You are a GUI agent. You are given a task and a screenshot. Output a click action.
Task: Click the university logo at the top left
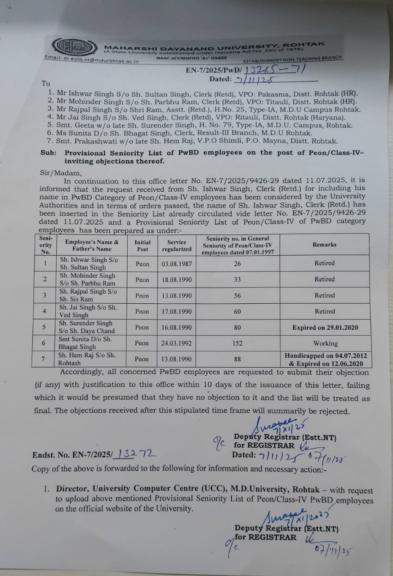[74, 47]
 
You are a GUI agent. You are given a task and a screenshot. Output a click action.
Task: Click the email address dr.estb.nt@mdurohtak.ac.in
[92, 59]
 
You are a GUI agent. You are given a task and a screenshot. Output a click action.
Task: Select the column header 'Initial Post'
[143, 245]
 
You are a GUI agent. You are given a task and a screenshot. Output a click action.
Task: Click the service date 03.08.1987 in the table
[177, 264]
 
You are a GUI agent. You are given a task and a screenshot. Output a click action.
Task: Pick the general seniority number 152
[238, 343]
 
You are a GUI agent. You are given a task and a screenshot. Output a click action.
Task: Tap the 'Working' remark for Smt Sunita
[325, 343]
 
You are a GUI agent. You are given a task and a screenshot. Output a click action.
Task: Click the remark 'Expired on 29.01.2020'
[325, 328]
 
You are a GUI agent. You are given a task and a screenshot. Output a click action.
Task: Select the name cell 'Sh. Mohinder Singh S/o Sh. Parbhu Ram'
[88, 279]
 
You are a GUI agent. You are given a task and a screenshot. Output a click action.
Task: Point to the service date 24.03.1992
[177, 343]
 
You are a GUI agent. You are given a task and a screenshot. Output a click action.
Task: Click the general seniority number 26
[238, 264]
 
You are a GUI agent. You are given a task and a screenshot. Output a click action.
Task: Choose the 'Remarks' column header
[324, 244]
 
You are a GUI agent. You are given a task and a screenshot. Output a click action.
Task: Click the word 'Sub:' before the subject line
[49, 153]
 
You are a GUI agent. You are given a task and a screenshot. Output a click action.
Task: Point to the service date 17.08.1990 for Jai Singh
[177, 311]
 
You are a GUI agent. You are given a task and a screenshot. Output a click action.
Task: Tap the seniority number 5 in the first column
[44, 328]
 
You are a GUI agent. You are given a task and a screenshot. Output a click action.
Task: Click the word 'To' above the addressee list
[46, 83]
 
